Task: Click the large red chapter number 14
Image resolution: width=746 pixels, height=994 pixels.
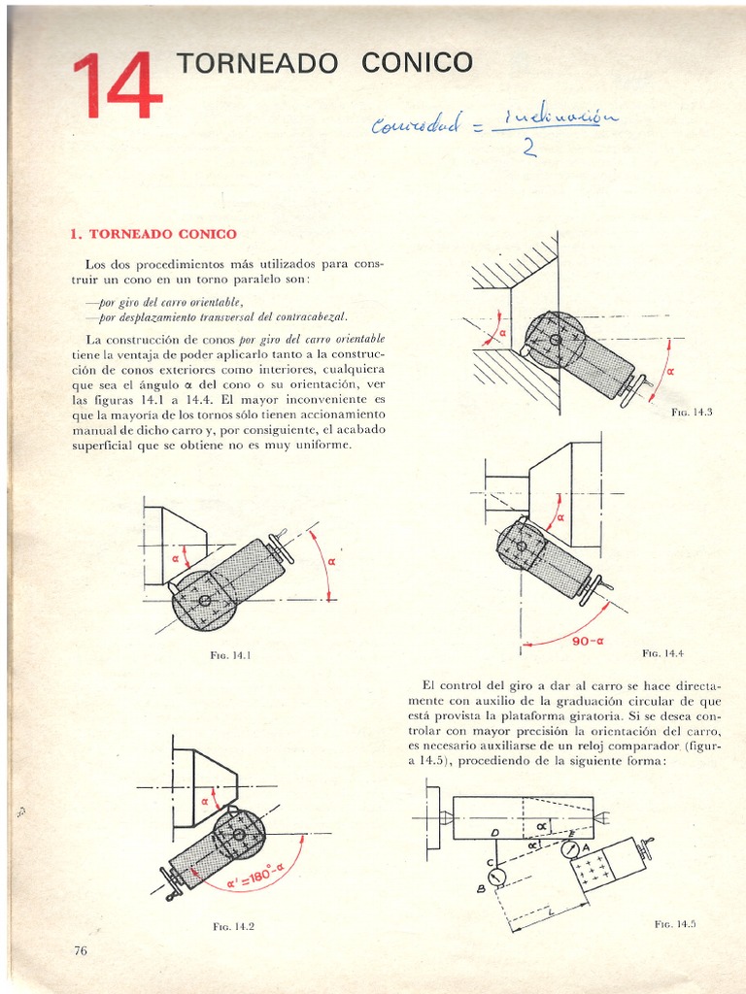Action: pos(117,86)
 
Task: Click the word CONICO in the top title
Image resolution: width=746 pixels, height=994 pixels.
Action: pos(417,64)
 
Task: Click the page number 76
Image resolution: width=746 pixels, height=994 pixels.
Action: pos(81,950)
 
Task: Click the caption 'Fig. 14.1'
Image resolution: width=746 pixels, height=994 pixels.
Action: pos(231,655)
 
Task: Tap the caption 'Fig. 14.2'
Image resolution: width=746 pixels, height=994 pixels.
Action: pos(233,927)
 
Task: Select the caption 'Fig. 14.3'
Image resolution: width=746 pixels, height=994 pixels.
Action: pos(692,413)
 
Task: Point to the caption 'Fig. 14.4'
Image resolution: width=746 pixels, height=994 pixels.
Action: pos(662,653)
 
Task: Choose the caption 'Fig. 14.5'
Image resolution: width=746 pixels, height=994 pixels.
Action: pos(675,923)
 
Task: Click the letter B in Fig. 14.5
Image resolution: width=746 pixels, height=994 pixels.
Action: pos(480,887)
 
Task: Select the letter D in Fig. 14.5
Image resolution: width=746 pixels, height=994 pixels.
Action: pos(494,833)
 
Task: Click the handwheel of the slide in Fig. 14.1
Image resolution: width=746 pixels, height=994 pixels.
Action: pos(282,547)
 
